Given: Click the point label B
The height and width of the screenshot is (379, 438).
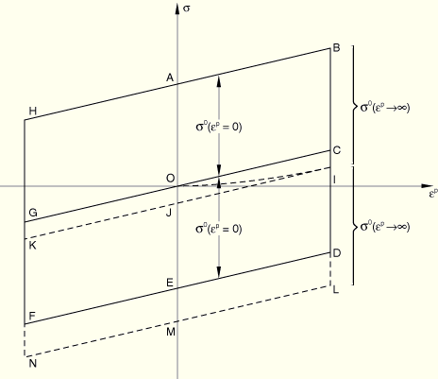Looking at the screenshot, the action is [x=336, y=48].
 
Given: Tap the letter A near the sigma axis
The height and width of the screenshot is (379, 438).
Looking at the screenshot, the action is [x=170, y=78].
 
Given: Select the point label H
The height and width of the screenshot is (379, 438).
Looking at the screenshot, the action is [x=33, y=111].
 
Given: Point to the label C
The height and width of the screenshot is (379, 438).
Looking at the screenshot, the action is [x=337, y=150].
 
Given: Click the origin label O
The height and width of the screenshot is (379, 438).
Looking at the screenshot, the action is [x=170, y=179].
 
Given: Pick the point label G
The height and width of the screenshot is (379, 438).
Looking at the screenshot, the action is [x=33, y=213].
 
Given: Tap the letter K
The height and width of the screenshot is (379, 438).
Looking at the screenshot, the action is [x=33, y=245].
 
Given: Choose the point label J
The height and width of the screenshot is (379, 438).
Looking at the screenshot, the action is [x=169, y=213].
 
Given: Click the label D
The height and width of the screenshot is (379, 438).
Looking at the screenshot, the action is [x=337, y=253].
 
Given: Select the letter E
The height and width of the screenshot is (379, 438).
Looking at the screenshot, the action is [x=170, y=283].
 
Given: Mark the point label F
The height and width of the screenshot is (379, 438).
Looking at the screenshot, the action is [x=32, y=316].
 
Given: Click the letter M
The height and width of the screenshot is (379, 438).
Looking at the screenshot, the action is [x=171, y=332].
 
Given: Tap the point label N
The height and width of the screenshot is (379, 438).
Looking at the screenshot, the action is [x=33, y=363].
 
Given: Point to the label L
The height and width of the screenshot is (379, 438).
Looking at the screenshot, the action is [x=336, y=289].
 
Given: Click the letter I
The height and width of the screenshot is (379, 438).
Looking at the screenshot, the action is [x=334, y=180].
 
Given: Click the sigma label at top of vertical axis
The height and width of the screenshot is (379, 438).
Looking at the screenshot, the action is [x=187, y=9].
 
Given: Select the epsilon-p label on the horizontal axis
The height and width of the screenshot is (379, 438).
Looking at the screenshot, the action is [x=433, y=193].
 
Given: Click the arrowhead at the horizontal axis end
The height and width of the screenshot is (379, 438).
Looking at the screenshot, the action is [x=426, y=186].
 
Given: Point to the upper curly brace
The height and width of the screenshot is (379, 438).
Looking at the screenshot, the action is [x=354, y=105].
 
